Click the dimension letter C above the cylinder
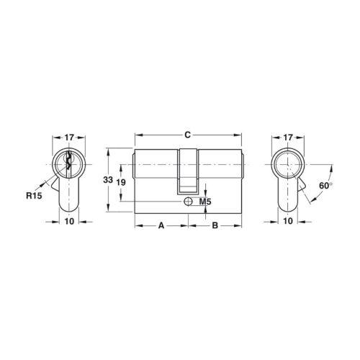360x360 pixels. pyautogui.click(x=188, y=135)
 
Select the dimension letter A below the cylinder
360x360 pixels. pyautogui.click(x=161, y=225)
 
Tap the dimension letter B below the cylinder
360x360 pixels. pyautogui.click(x=215, y=225)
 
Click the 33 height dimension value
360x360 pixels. pyautogui.click(x=108, y=179)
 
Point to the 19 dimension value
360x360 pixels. pyautogui.click(x=121, y=182)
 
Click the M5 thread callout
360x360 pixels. pyautogui.click(x=205, y=202)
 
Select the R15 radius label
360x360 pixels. pyautogui.click(x=34, y=196)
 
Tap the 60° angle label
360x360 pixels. pyautogui.click(x=325, y=186)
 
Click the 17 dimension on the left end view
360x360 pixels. pyautogui.click(x=69, y=138)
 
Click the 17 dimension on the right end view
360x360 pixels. pyautogui.click(x=288, y=138)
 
